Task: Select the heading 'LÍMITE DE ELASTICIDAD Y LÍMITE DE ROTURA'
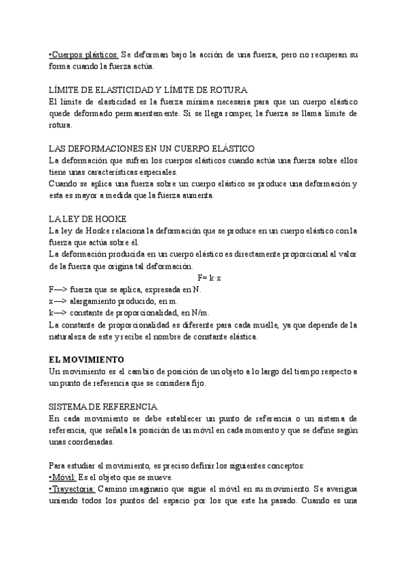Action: click(x=149, y=90)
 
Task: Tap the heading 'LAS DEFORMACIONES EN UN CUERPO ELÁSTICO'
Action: click(x=151, y=148)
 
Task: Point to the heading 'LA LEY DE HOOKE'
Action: click(x=88, y=218)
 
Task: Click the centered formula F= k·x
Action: click(x=213, y=278)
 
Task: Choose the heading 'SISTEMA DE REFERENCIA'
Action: click(x=104, y=407)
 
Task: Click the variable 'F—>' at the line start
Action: click(x=59, y=290)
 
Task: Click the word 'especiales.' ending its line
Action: click(x=155, y=172)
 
